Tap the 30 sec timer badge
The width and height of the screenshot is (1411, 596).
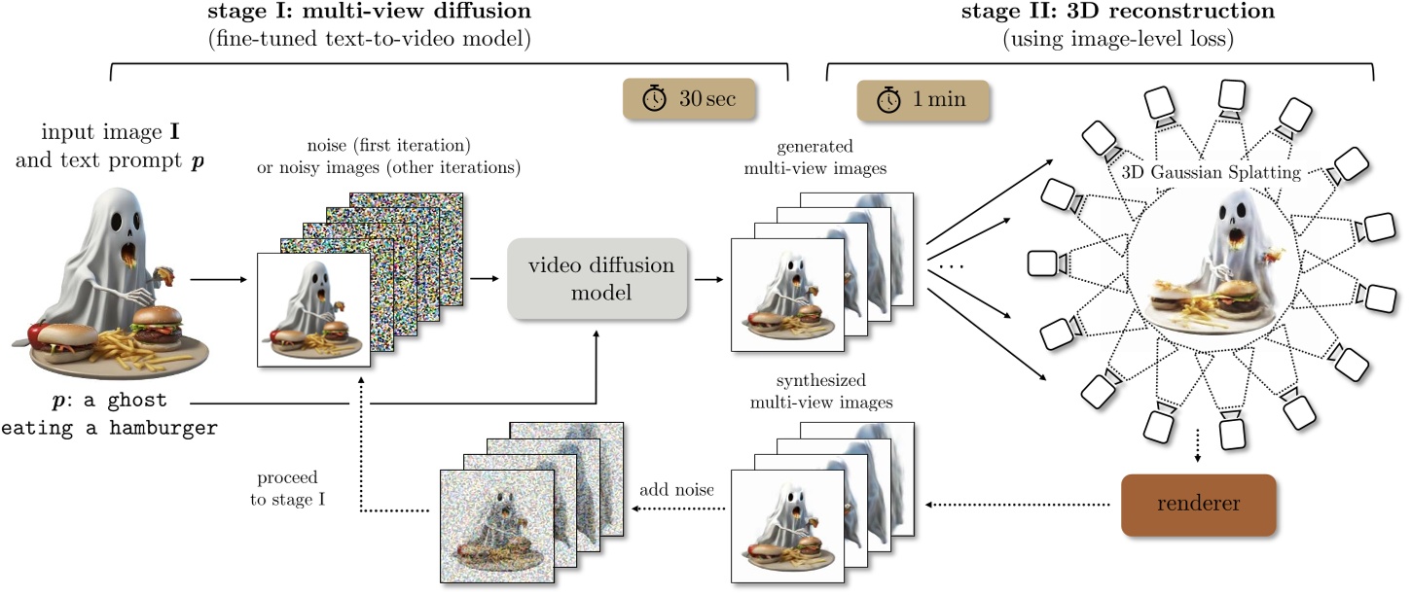[x=689, y=99]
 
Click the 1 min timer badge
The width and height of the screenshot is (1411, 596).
[x=923, y=99]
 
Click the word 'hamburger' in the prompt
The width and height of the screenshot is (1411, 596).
[x=161, y=429]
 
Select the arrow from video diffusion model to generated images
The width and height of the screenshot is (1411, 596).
[x=707, y=278]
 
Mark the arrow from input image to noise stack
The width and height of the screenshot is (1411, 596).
[x=213, y=279]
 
